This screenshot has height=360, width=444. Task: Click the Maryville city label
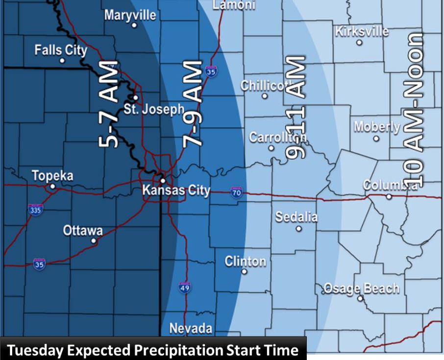tap(130, 15)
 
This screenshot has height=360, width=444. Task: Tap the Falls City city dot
tap(62, 61)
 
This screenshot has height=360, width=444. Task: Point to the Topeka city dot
tap(53, 187)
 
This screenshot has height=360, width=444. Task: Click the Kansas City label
tap(176, 191)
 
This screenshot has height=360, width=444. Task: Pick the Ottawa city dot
tap(94, 241)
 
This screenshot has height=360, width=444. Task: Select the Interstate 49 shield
tap(184, 288)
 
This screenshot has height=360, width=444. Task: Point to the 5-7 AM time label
tap(109, 105)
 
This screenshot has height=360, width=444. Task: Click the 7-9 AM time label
tap(192, 104)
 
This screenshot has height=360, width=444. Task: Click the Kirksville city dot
tap(359, 43)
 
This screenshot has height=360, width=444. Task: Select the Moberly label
tap(376, 126)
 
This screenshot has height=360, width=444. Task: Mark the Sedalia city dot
tap(299, 228)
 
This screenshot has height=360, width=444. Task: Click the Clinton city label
tap(245, 261)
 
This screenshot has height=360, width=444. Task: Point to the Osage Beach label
tap(361, 288)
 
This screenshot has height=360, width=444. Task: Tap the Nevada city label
tap(191, 328)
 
